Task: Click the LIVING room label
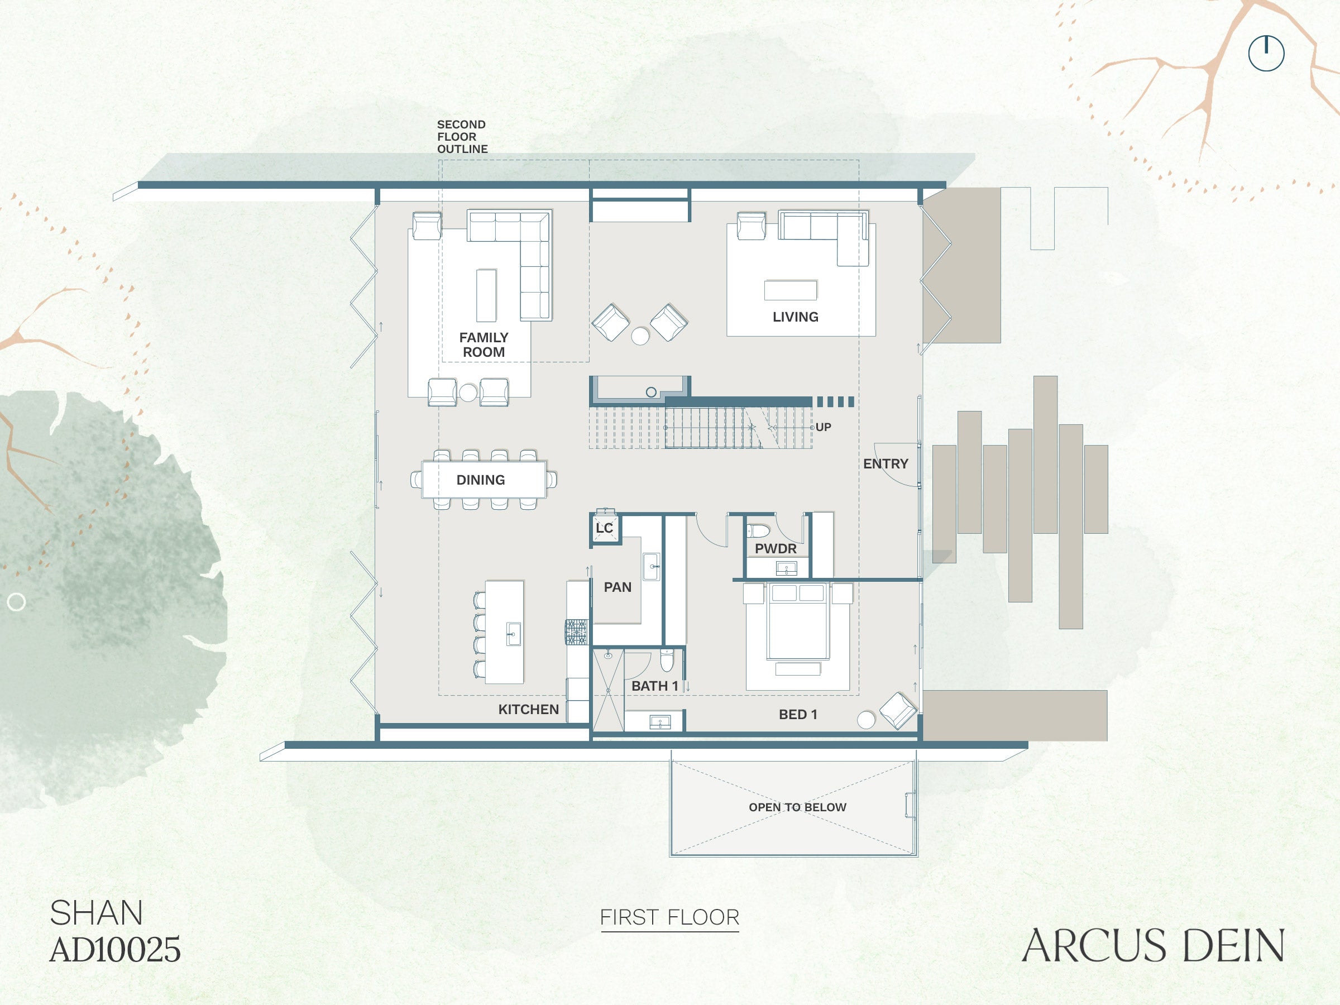(x=796, y=317)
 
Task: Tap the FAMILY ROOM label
(x=484, y=344)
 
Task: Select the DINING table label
(x=480, y=480)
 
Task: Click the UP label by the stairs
(x=824, y=427)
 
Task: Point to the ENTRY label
(x=886, y=464)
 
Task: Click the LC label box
(x=605, y=528)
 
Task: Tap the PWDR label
(x=776, y=549)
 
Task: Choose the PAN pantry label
(x=618, y=587)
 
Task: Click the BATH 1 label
(x=655, y=686)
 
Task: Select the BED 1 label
(x=798, y=715)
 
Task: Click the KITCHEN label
(x=528, y=710)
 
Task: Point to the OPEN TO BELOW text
(x=797, y=807)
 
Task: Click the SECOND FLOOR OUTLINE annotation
(x=462, y=137)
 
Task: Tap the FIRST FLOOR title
(x=669, y=917)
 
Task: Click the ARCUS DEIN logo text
(x=1153, y=946)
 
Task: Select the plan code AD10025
(x=115, y=949)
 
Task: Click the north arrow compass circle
(x=1266, y=53)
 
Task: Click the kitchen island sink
(x=513, y=634)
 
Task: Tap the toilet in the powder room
(x=758, y=532)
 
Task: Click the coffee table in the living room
(x=791, y=290)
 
